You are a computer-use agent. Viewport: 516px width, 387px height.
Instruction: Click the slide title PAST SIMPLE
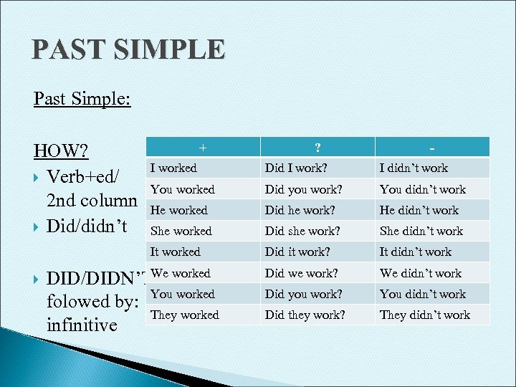point(128,50)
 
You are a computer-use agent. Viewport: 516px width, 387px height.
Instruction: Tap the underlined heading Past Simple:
point(82,97)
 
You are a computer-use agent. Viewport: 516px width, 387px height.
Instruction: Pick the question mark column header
point(317,147)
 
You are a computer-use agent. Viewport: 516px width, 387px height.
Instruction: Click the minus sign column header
point(432,147)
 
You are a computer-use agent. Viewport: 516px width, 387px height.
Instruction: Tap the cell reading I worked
point(173,168)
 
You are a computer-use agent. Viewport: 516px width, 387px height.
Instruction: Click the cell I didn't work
point(414,168)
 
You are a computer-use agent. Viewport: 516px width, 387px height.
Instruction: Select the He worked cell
point(178,210)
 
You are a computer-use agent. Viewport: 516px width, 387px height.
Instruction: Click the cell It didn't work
point(416,252)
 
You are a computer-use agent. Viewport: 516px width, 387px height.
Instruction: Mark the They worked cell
point(184,315)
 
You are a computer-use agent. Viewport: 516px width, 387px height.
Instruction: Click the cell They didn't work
point(424,315)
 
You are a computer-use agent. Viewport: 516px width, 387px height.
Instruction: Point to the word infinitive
point(81,325)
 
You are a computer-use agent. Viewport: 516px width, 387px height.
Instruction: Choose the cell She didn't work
point(421,231)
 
